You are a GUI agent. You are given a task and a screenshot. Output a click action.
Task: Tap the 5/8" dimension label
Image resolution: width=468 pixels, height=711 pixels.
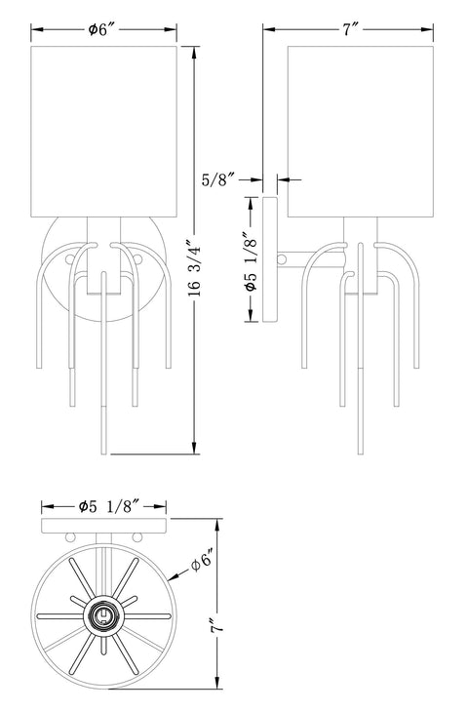coord(218,179)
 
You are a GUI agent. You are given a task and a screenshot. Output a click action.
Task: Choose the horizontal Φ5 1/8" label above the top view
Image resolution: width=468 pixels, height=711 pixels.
coord(104,506)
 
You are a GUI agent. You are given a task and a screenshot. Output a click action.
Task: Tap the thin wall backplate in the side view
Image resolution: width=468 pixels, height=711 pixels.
coord(269,259)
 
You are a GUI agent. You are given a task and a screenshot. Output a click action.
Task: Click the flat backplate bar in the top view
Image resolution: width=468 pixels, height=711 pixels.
coord(104,526)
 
